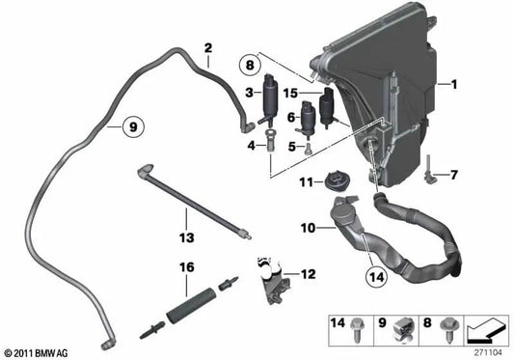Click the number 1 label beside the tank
pyautogui.click(x=450, y=84)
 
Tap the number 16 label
pyautogui.click(x=184, y=266)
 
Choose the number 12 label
pyautogui.click(x=308, y=275)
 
